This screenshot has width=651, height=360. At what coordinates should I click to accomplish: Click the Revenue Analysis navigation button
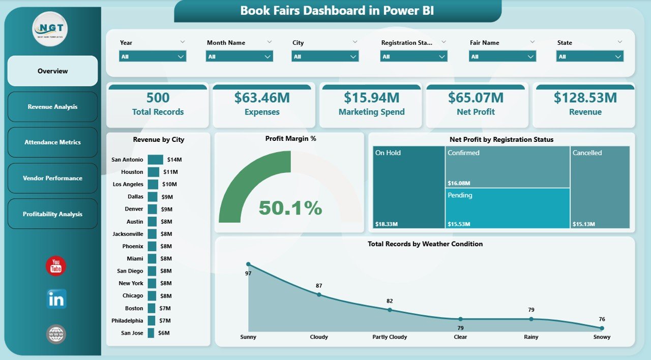tap(52, 107)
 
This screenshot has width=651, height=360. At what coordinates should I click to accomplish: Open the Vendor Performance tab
tap(52, 178)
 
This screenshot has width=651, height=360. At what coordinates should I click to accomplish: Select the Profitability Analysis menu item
tap(52, 214)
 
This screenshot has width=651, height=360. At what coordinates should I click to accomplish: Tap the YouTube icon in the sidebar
tap(56, 266)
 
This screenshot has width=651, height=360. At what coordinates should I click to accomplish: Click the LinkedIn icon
tap(56, 299)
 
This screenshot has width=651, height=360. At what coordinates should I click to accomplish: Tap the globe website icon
tap(56, 334)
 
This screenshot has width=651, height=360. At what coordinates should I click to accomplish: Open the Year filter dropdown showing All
tap(153, 56)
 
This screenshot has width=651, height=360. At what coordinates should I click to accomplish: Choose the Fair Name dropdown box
tap(502, 56)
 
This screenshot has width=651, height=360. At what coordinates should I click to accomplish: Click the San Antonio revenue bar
tap(155, 160)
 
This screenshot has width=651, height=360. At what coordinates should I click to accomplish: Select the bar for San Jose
tap(151, 333)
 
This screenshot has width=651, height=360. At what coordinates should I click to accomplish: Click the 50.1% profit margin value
tap(290, 207)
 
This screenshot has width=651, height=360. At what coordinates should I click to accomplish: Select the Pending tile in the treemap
tap(507, 208)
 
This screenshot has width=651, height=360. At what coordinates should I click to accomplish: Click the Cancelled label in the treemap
tap(587, 153)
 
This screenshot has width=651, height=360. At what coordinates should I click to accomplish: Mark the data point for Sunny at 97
tap(248, 264)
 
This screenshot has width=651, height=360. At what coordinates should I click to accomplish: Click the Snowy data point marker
tap(602, 328)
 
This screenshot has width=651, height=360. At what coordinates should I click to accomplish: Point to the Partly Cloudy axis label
tap(389, 337)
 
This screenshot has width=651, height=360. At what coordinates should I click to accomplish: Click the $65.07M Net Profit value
tap(476, 98)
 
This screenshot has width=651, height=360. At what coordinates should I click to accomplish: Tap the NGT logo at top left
tap(50, 29)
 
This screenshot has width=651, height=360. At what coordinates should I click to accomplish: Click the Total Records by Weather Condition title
tap(425, 244)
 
